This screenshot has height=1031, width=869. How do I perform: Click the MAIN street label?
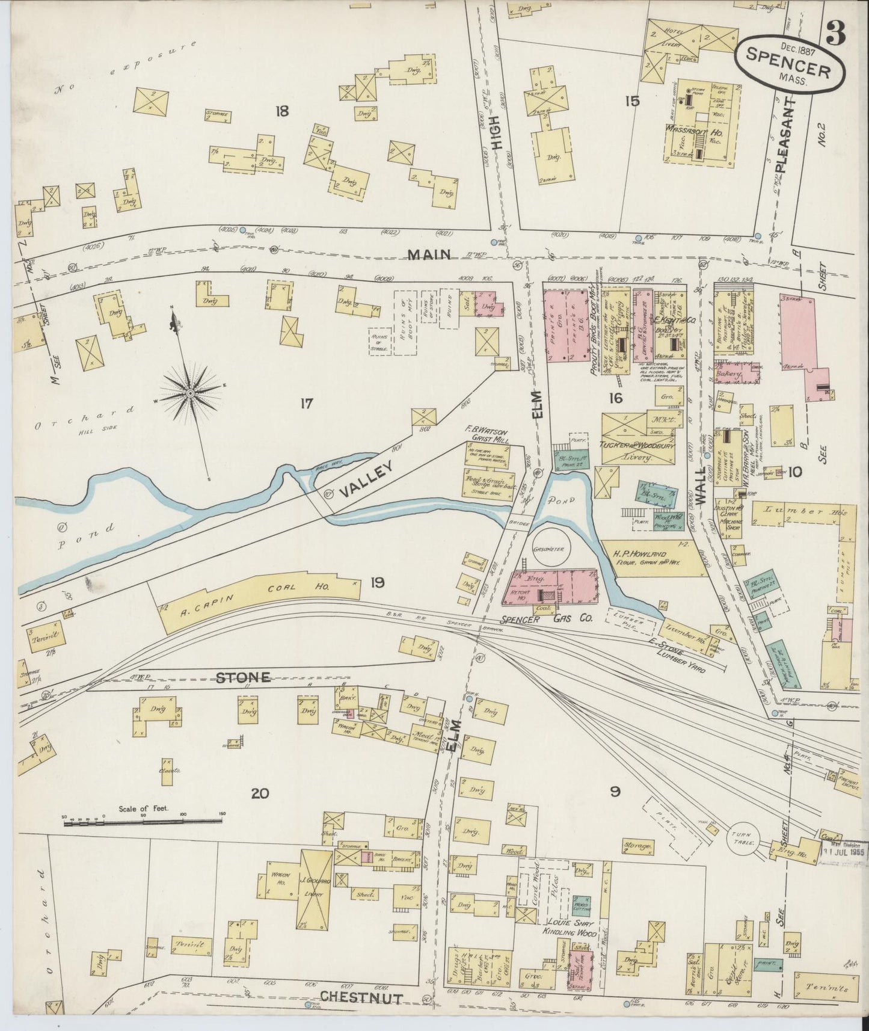(x=429, y=255)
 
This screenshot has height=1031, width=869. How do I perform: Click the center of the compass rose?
(x=190, y=393)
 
